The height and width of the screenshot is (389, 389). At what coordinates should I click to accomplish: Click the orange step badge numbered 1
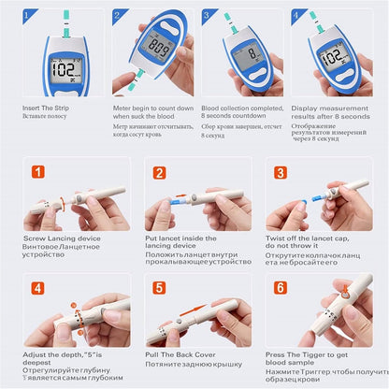tap(38, 172)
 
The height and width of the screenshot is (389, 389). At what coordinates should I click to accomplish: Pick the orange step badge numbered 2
tap(159, 172)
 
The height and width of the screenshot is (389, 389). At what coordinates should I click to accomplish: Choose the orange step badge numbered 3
tap(280, 172)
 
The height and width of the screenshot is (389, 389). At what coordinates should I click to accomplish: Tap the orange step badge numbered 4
tap(38, 288)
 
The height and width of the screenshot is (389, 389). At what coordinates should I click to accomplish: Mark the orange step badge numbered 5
tap(159, 288)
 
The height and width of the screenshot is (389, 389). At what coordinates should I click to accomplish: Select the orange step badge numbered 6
tap(280, 288)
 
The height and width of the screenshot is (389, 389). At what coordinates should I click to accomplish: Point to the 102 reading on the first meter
tap(65, 69)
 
